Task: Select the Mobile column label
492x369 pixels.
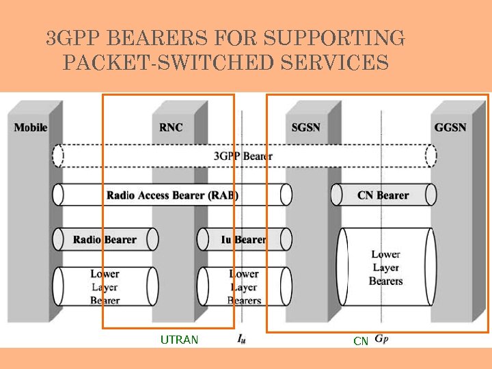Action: (x=31, y=127)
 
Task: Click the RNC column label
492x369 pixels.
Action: (x=171, y=127)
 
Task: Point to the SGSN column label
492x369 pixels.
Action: (x=305, y=127)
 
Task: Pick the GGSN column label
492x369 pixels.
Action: (x=450, y=127)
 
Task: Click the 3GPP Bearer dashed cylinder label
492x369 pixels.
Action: (x=243, y=156)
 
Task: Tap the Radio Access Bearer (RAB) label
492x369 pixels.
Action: (x=172, y=195)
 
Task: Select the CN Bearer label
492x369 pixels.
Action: (x=383, y=195)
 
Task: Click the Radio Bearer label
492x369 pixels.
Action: (x=105, y=240)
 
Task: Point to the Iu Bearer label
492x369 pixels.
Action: (x=243, y=240)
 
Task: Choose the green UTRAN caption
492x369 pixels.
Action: (x=179, y=340)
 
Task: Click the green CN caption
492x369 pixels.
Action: (x=361, y=340)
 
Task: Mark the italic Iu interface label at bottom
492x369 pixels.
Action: (x=243, y=338)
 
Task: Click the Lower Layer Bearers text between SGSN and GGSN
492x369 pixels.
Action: (x=385, y=267)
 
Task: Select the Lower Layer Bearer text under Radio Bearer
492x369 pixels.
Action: (x=105, y=287)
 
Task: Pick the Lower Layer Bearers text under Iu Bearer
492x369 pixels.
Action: (x=244, y=287)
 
